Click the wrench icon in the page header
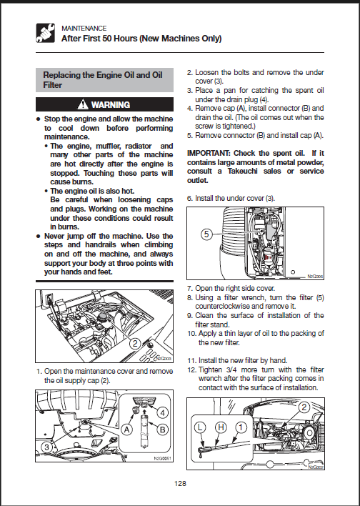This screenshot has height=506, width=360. [46, 33]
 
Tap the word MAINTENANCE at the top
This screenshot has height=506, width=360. [84, 29]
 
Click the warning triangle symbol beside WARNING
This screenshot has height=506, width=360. [83, 104]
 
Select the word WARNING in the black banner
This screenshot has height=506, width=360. [111, 105]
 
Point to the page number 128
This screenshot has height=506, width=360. [180, 483]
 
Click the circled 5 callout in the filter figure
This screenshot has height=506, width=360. [206, 234]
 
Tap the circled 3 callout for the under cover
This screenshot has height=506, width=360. [47, 447]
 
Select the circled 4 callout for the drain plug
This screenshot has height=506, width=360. [163, 413]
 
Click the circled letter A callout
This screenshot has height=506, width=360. [126, 430]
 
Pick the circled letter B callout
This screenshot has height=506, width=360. [163, 430]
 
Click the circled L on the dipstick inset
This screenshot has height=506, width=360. [200, 427]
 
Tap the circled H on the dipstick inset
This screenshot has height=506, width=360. [221, 427]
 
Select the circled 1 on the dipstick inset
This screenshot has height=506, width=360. [241, 427]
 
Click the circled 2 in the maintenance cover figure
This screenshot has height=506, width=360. [135, 343]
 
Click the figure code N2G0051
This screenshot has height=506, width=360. [162, 458]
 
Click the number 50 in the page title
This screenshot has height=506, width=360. [106, 39]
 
